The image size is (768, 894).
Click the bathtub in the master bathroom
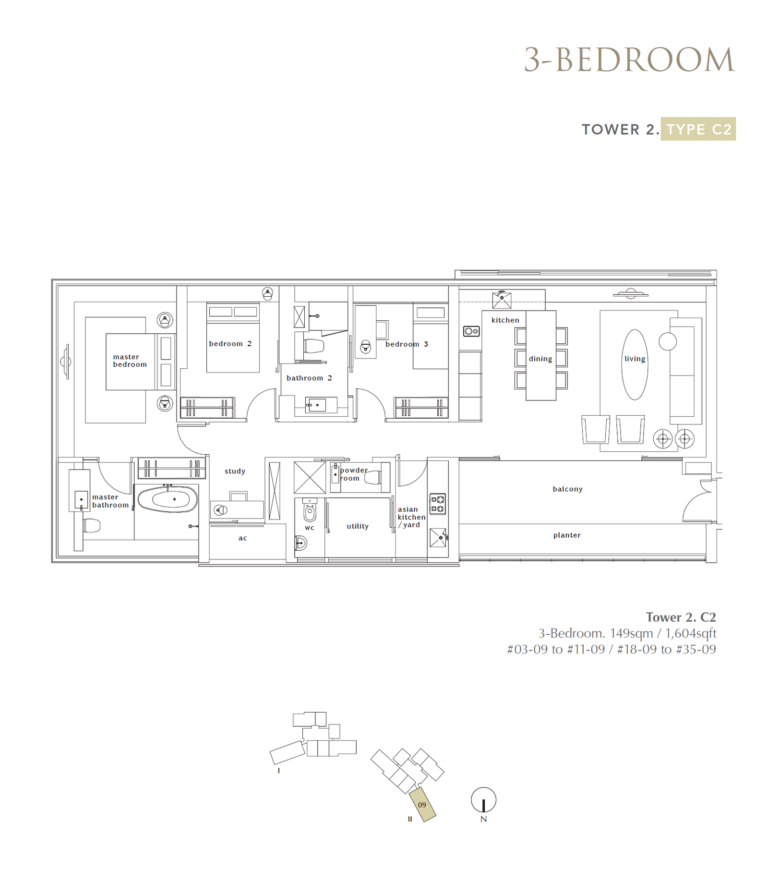point(168,499)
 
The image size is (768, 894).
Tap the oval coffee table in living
point(635,364)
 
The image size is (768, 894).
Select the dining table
point(541,355)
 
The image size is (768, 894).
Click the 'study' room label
point(235,471)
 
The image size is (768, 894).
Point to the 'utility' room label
point(358,526)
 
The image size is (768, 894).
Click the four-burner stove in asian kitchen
point(437,504)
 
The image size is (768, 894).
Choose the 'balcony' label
point(567,489)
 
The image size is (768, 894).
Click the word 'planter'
point(567,535)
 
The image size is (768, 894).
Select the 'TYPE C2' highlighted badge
point(698,129)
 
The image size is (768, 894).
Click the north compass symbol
point(483,800)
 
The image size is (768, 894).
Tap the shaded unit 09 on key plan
point(422,805)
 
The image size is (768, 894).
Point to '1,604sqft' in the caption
point(691,633)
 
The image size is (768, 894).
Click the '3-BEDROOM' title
point(629,60)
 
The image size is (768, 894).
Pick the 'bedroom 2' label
point(230,344)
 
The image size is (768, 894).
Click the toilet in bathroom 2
point(314,346)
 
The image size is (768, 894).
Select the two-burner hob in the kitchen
point(471,331)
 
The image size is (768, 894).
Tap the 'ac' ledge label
point(243,538)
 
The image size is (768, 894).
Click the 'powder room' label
point(354,474)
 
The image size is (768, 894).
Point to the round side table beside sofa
point(668,342)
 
